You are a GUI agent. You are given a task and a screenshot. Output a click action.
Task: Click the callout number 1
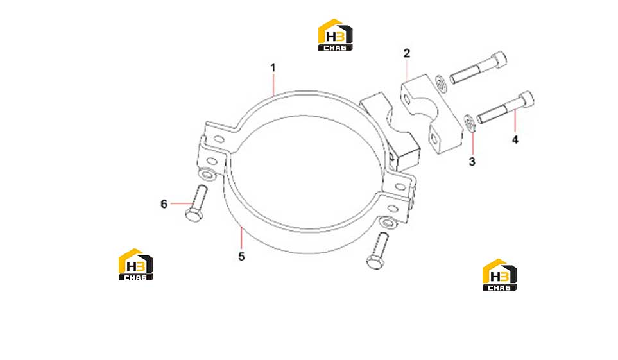point(273,68)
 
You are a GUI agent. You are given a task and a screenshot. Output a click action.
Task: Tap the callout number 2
point(407,53)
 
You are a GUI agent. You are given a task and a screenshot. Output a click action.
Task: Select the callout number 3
point(472,162)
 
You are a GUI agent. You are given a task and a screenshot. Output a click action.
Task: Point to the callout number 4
point(515,140)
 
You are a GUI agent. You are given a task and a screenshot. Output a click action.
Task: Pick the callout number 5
point(241,256)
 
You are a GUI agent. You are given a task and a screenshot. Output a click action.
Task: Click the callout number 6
point(164,204)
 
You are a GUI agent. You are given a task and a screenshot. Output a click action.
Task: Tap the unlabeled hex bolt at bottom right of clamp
point(377,251)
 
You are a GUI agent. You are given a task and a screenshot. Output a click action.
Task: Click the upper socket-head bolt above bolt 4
point(478,67)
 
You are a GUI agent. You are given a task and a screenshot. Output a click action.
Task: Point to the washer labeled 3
point(469,123)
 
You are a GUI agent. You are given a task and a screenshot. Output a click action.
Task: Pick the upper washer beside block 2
point(442,84)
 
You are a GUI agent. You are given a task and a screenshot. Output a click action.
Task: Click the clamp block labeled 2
point(432,114)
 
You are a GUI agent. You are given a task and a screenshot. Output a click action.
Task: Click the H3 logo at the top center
point(336,35)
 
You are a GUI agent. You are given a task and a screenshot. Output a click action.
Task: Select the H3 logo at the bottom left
point(135,264)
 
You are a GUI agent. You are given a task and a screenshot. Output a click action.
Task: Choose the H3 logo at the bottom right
point(499,275)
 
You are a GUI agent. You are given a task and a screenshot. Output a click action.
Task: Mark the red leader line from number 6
point(182,203)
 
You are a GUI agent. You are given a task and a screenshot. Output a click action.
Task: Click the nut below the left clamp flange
point(207,174)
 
